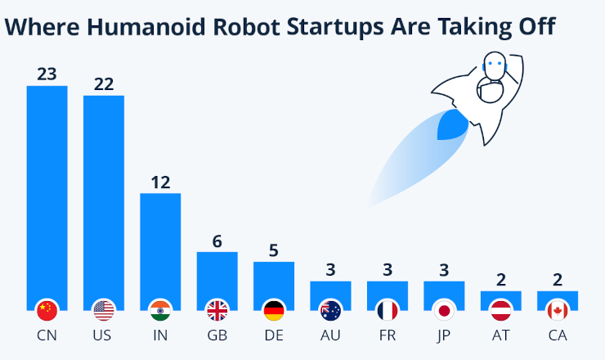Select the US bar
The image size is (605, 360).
(x=104, y=196)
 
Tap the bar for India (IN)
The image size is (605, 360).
(x=160, y=245)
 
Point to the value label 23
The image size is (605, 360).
(x=47, y=74)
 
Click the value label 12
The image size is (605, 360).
(x=160, y=182)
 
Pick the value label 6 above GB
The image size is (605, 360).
(x=217, y=241)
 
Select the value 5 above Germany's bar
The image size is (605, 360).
(x=274, y=250)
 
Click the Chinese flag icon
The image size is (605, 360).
(x=47, y=310)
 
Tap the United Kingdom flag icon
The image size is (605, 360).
(x=217, y=310)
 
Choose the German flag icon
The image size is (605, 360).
(x=274, y=310)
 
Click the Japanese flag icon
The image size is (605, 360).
(x=444, y=310)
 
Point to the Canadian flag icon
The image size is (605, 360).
(x=558, y=310)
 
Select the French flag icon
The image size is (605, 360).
(x=388, y=310)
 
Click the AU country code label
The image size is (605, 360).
(x=330, y=335)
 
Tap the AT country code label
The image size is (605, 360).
(x=500, y=335)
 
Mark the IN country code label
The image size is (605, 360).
(x=160, y=335)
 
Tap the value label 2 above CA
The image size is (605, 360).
(x=558, y=280)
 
